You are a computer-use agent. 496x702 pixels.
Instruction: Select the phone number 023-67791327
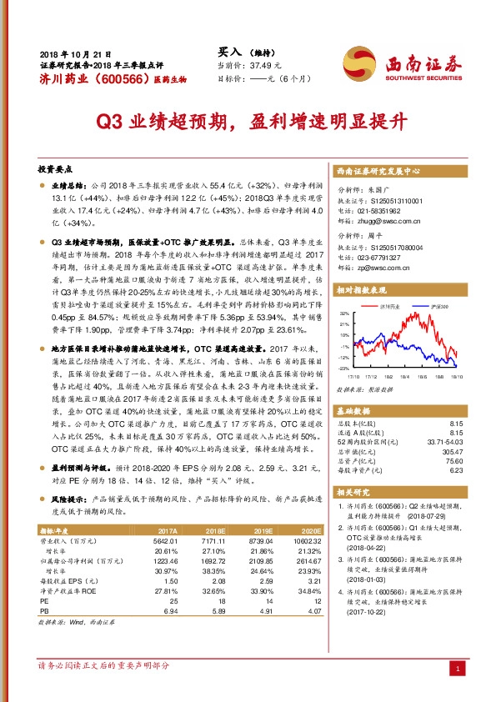pyautogui.click(x=379, y=258)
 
